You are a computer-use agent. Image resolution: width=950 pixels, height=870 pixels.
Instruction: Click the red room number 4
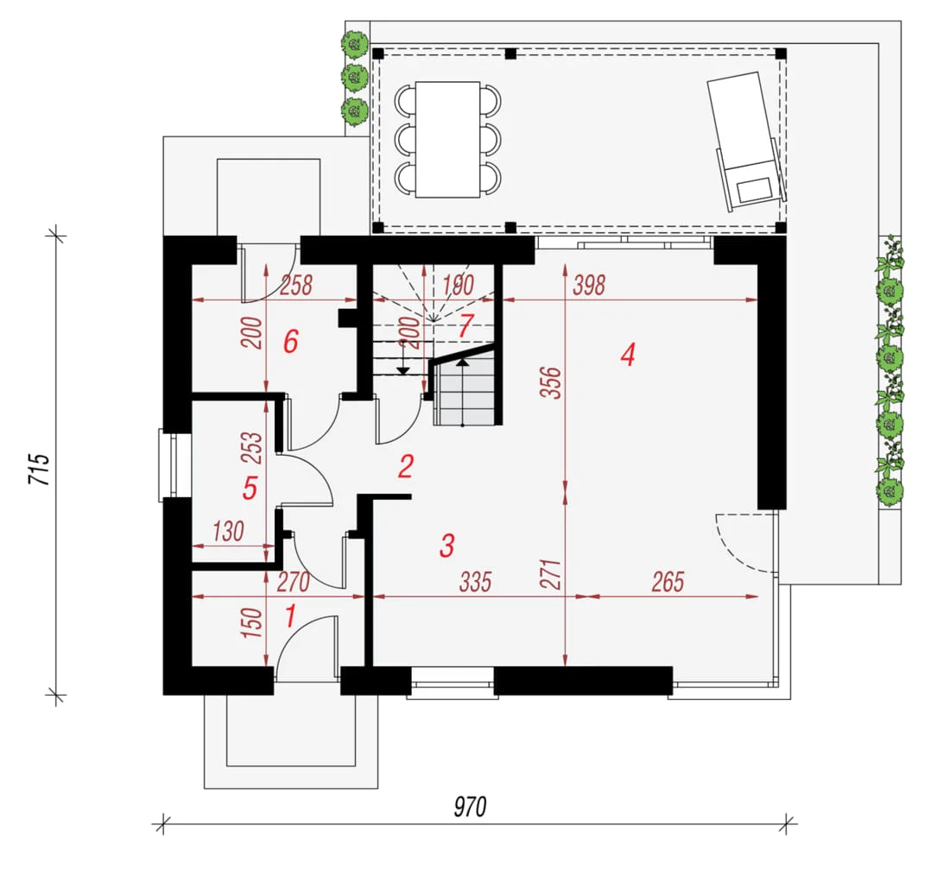pyautogui.click(x=628, y=355)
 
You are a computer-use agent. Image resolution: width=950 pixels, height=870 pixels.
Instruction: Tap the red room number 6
pyautogui.click(x=291, y=342)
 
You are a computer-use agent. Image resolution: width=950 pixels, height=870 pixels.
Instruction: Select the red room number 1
pyautogui.click(x=291, y=616)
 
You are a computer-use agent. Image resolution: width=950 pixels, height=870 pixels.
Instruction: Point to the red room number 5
pyautogui.click(x=250, y=488)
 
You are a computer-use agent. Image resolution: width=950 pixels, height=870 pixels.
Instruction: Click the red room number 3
pyautogui.click(x=447, y=545)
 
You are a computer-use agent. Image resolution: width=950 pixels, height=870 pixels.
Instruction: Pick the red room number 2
pyautogui.click(x=406, y=466)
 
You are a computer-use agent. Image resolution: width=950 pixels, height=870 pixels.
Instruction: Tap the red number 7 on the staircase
pyautogui.click(x=465, y=326)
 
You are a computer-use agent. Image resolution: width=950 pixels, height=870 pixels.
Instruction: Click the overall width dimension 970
pyautogui.click(x=470, y=806)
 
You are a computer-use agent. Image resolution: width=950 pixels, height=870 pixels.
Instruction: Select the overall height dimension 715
pyautogui.click(x=40, y=468)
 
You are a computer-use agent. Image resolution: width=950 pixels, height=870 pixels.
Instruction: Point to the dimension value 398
pyautogui.click(x=589, y=285)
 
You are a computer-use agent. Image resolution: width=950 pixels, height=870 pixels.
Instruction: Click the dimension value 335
pyautogui.click(x=475, y=582)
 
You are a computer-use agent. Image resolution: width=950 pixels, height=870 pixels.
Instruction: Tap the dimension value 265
pyautogui.click(x=668, y=582)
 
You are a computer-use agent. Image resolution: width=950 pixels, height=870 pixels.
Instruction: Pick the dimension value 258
pyautogui.click(x=296, y=285)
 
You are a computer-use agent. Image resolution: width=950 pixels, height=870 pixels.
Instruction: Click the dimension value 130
pyautogui.click(x=228, y=532)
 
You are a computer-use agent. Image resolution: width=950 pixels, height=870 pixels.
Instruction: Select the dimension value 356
pyautogui.click(x=551, y=382)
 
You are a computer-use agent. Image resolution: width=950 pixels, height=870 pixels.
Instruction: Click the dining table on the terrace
pyautogui.click(x=447, y=140)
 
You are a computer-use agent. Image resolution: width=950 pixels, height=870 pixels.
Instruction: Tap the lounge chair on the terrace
pyautogui.click(x=746, y=142)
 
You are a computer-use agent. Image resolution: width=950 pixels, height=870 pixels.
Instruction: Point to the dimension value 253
pyautogui.click(x=251, y=447)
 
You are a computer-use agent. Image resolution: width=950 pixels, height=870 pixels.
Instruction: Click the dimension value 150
pyautogui.click(x=251, y=622)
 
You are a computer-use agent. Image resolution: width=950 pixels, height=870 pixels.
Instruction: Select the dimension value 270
pyautogui.click(x=294, y=583)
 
